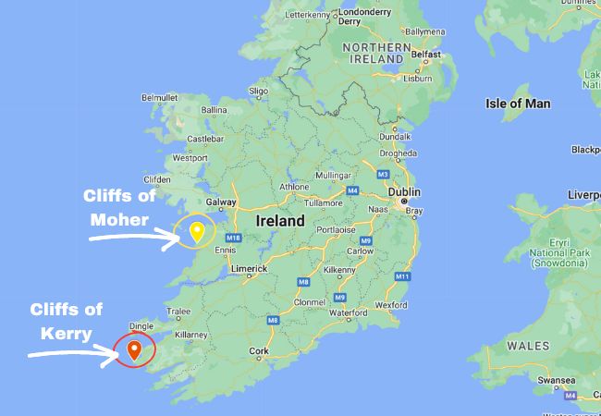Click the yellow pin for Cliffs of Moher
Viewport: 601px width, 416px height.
coord(196,231)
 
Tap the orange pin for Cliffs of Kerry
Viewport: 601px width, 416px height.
coord(134,350)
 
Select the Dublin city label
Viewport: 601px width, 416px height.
coord(404,192)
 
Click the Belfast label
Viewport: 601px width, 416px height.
coord(427,55)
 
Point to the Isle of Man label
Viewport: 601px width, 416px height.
coord(518,104)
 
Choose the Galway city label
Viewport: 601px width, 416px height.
coord(222,201)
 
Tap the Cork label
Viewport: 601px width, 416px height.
coord(259,351)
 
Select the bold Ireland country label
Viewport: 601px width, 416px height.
coord(280,222)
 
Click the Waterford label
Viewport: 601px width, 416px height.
coord(349,313)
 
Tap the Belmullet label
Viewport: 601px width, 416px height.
coord(159,97)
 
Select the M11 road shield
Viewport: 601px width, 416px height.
coord(402,275)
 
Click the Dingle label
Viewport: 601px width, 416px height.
coord(141,325)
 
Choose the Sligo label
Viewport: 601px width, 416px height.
coord(258,91)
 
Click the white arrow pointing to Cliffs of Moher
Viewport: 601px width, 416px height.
coord(134,236)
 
